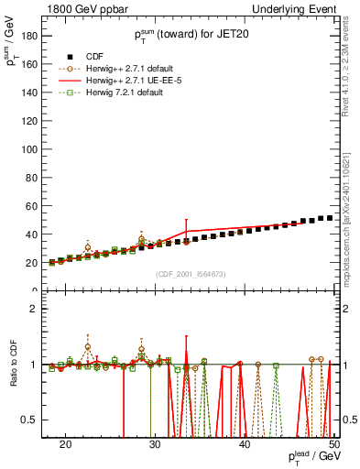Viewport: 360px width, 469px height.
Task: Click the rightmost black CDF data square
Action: [x=330, y=218]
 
